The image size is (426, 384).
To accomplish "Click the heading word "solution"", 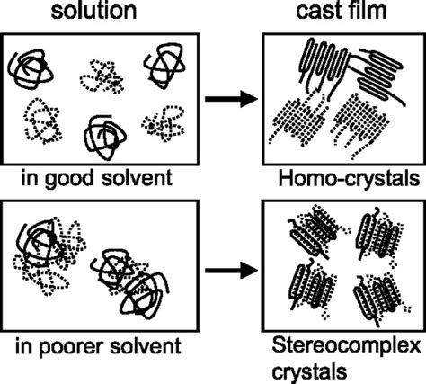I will click(x=97, y=13).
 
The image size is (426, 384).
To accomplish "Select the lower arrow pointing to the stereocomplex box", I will click(x=226, y=269).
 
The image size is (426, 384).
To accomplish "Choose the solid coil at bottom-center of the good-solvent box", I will click(x=106, y=135).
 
